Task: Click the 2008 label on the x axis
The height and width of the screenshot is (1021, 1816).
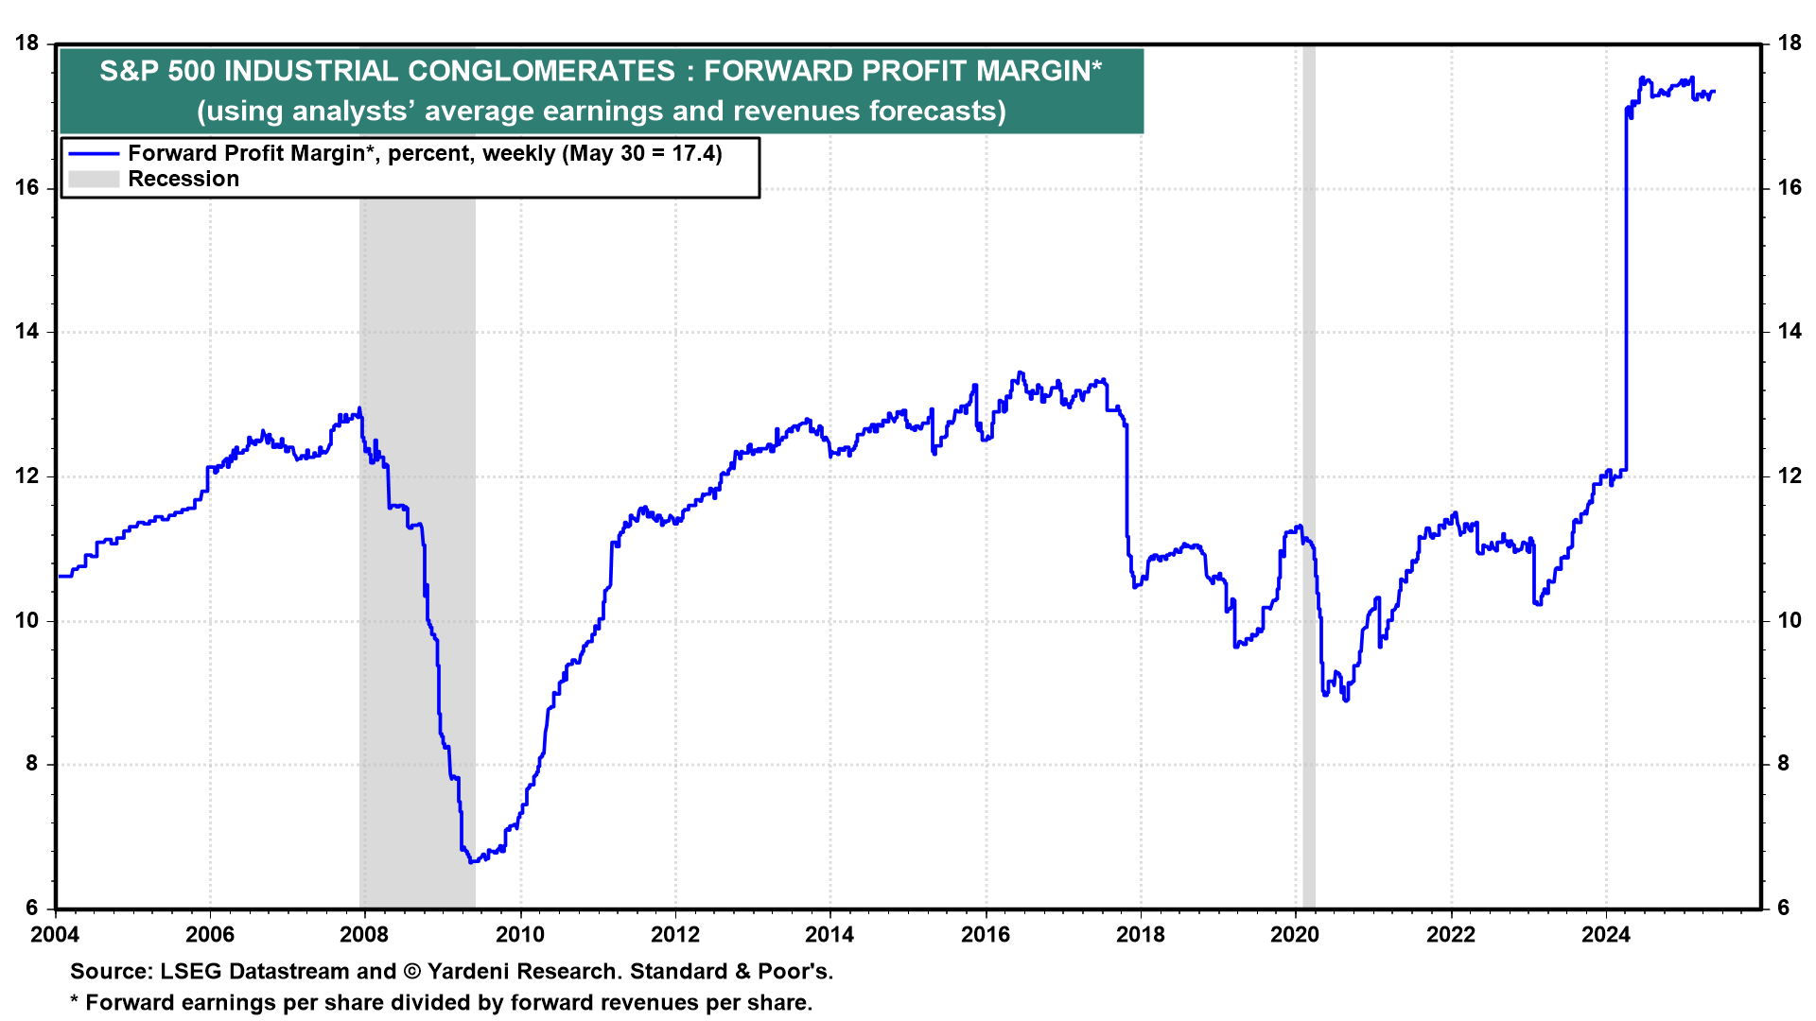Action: (364, 935)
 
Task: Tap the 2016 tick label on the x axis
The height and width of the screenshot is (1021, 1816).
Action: (986, 935)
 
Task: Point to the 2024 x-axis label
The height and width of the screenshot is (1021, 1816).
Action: (1606, 935)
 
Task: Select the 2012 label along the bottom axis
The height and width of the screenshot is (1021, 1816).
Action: (675, 935)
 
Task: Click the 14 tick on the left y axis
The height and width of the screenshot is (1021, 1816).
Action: (27, 332)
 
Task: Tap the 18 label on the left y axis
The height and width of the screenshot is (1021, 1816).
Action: (27, 43)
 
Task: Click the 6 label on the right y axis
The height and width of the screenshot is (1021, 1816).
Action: (1783, 909)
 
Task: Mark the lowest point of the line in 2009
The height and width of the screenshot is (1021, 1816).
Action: (471, 861)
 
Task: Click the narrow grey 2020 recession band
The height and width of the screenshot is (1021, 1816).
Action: (1309, 473)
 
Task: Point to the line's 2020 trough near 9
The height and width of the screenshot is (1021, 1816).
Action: (1345, 700)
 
